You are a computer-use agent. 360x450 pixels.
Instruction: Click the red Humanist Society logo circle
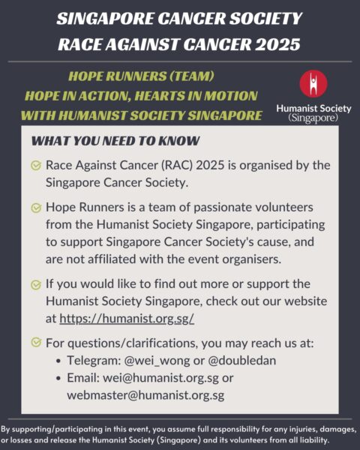(313, 85)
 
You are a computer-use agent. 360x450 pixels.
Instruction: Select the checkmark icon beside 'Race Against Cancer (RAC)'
(35, 166)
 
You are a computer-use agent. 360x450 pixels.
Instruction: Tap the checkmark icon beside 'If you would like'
(35, 286)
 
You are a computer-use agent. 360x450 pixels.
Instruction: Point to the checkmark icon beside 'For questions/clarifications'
(35, 343)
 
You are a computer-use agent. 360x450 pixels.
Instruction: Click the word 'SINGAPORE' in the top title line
(105, 17)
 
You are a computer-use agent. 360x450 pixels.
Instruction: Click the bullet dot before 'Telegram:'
(59, 361)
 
